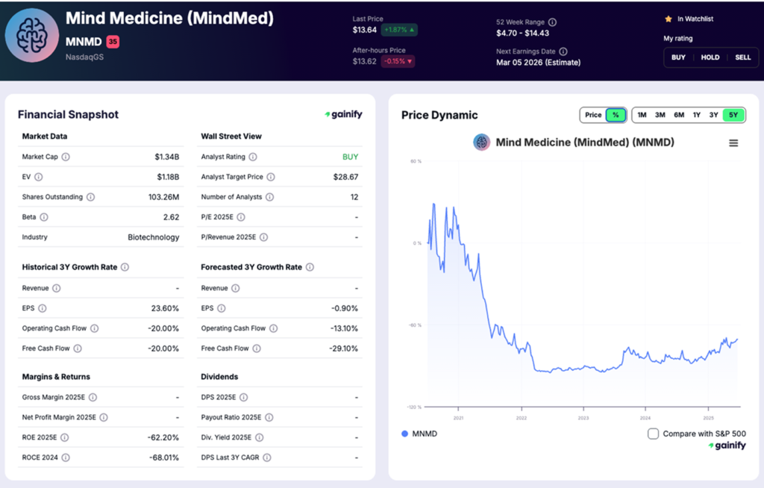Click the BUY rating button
point(678,57)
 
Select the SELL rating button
point(742,57)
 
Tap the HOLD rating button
point(710,57)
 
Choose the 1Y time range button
point(696,115)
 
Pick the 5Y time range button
point(733,115)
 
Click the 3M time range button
point(660,115)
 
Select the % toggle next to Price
point(616,115)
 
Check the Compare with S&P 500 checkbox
point(653,434)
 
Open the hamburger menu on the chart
point(733,143)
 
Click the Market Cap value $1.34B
point(166,157)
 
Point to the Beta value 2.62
point(171,217)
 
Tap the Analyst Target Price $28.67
point(345,177)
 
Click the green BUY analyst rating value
point(350,157)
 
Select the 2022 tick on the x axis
point(521,418)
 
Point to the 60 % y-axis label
point(416,160)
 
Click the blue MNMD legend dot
point(405,434)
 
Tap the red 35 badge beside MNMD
point(113,42)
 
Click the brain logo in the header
point(32,36)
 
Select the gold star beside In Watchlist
point(668,19)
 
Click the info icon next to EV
point(39,177)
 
